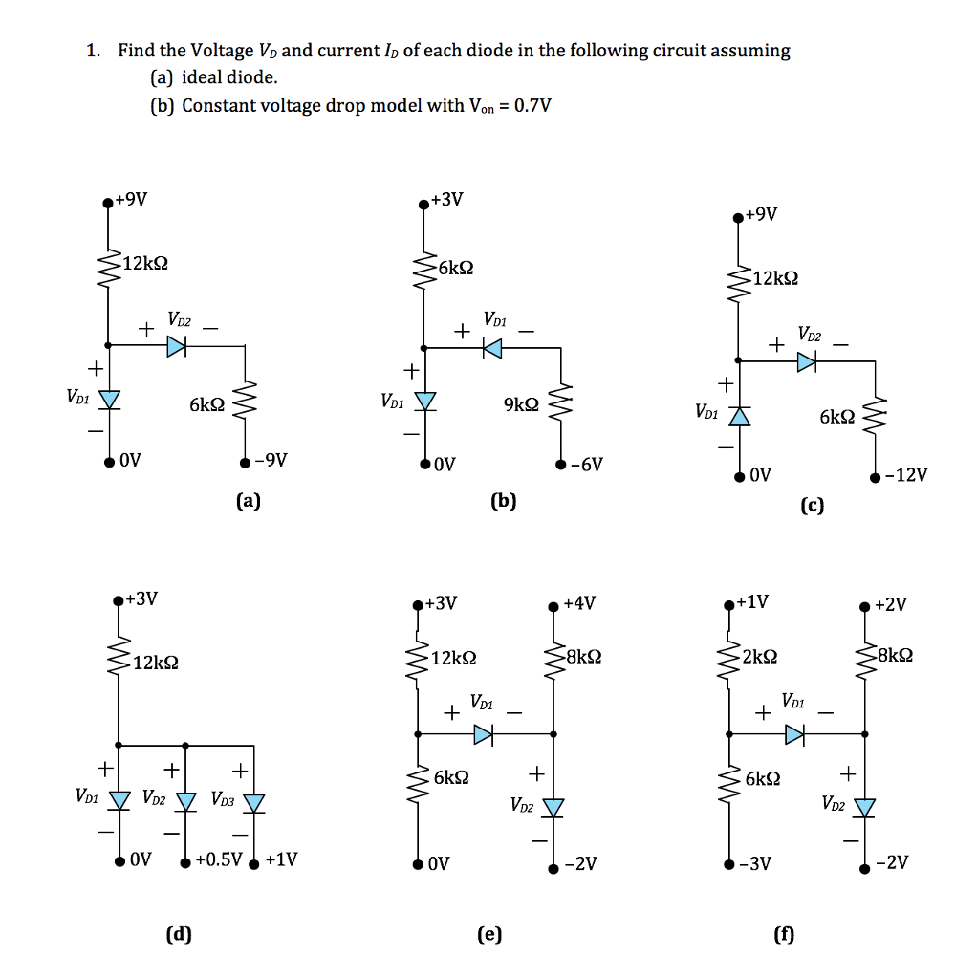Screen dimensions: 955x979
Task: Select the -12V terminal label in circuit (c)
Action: click(x=905, y=475)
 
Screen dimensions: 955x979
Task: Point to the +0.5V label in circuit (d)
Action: click(x=219, y=859)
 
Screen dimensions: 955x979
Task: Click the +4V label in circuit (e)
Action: click(x=580, y=603)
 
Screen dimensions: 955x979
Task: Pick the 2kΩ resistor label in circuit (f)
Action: click(x=760, y=655)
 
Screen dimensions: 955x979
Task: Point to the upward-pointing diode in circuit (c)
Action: click(x=738, y=415)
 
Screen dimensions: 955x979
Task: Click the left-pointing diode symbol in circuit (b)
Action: click(x=491, y=349)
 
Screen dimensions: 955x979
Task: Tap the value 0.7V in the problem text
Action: click(x=532, y=105)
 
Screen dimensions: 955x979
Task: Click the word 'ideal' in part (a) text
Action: click(x=201, y=77)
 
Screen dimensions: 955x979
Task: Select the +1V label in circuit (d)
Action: click(x=281, y=859)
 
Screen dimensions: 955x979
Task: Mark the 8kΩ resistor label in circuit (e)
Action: click(x=583, y=657)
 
